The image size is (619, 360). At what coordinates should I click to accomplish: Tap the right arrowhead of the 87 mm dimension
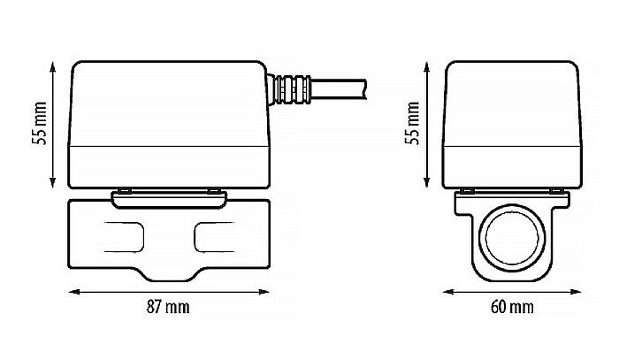[x=265, y=290]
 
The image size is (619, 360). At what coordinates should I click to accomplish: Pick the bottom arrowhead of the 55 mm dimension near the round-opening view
[x=428, y=184]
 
